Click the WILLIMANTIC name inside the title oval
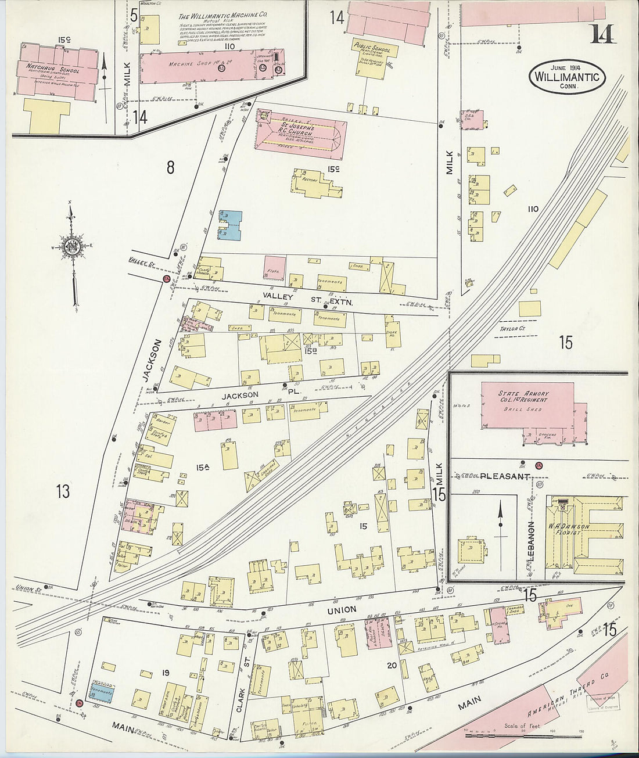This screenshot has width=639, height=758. point(567,77)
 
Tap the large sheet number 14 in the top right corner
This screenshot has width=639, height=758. point(602,35)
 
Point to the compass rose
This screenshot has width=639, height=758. point(71,246)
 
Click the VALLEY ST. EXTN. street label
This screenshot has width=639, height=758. point(307,299)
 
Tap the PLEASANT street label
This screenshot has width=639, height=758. point(505,476)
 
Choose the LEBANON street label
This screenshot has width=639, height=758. point(530,540)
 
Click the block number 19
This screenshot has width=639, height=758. point(166,673)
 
